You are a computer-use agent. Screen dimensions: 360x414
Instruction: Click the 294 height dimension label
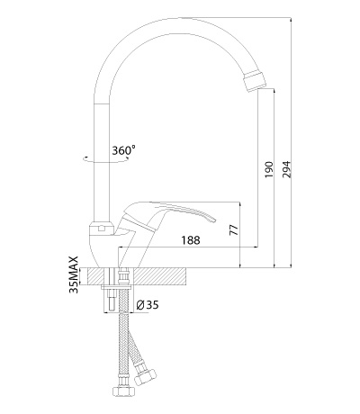pos(287,169)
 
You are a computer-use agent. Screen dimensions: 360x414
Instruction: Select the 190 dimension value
pos(269,169)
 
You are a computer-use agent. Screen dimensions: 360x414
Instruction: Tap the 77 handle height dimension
pos(234,229)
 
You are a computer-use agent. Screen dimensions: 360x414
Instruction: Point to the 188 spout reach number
pos(191,240)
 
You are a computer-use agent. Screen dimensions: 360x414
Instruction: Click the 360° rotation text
pos(123,149)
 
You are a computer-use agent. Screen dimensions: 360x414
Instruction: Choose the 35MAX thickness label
pos(74,274)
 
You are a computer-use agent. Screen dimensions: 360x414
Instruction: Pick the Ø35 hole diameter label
pos(147,305)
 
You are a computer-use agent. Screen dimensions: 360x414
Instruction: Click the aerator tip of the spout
pos(255,80)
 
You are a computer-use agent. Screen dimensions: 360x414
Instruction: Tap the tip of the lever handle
pos(213,220)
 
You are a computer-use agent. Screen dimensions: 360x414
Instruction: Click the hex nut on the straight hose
pos(124,391)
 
